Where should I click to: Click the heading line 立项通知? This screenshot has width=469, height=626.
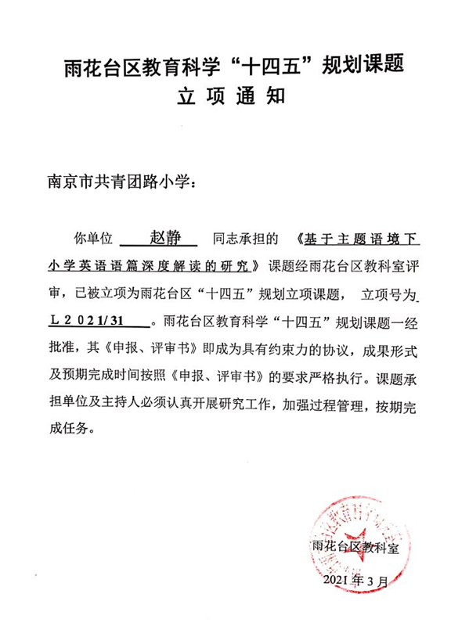tap(233, 97)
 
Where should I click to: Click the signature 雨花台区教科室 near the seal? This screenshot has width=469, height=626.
tap(355, 546)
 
